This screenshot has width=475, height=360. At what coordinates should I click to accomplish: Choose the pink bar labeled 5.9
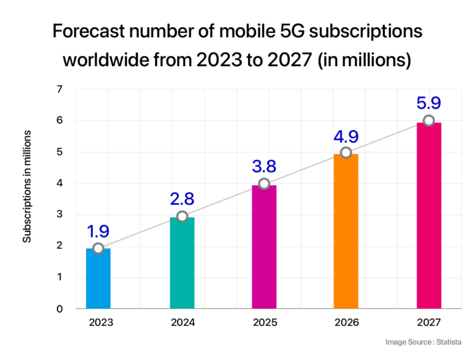(429, 216)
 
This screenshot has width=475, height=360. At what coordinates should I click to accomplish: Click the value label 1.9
(98, 232)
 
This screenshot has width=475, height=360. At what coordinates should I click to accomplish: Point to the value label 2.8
(182, 199)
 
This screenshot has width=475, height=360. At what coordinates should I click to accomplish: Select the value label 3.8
(264, 166)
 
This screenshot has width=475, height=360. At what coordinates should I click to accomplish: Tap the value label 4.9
(346, 136)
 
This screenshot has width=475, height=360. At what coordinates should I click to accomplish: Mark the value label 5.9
(429, 103)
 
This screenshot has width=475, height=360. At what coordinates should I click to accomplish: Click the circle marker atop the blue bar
(98, 248)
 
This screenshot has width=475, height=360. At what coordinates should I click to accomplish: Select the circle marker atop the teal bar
(182, 216)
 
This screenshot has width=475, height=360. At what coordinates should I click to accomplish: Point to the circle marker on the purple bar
(264, 184)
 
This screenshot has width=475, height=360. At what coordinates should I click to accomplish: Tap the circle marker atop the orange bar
(346, 152)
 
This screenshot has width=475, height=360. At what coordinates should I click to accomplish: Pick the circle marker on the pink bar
(429, 120)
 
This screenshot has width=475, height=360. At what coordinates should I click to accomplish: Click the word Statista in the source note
(448, 342)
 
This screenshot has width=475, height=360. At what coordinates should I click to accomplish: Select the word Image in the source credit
(396, 342)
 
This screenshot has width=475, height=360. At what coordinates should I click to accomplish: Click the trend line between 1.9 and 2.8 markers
(140, 232)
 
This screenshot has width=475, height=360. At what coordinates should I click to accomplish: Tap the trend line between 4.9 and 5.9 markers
(387, 136)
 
